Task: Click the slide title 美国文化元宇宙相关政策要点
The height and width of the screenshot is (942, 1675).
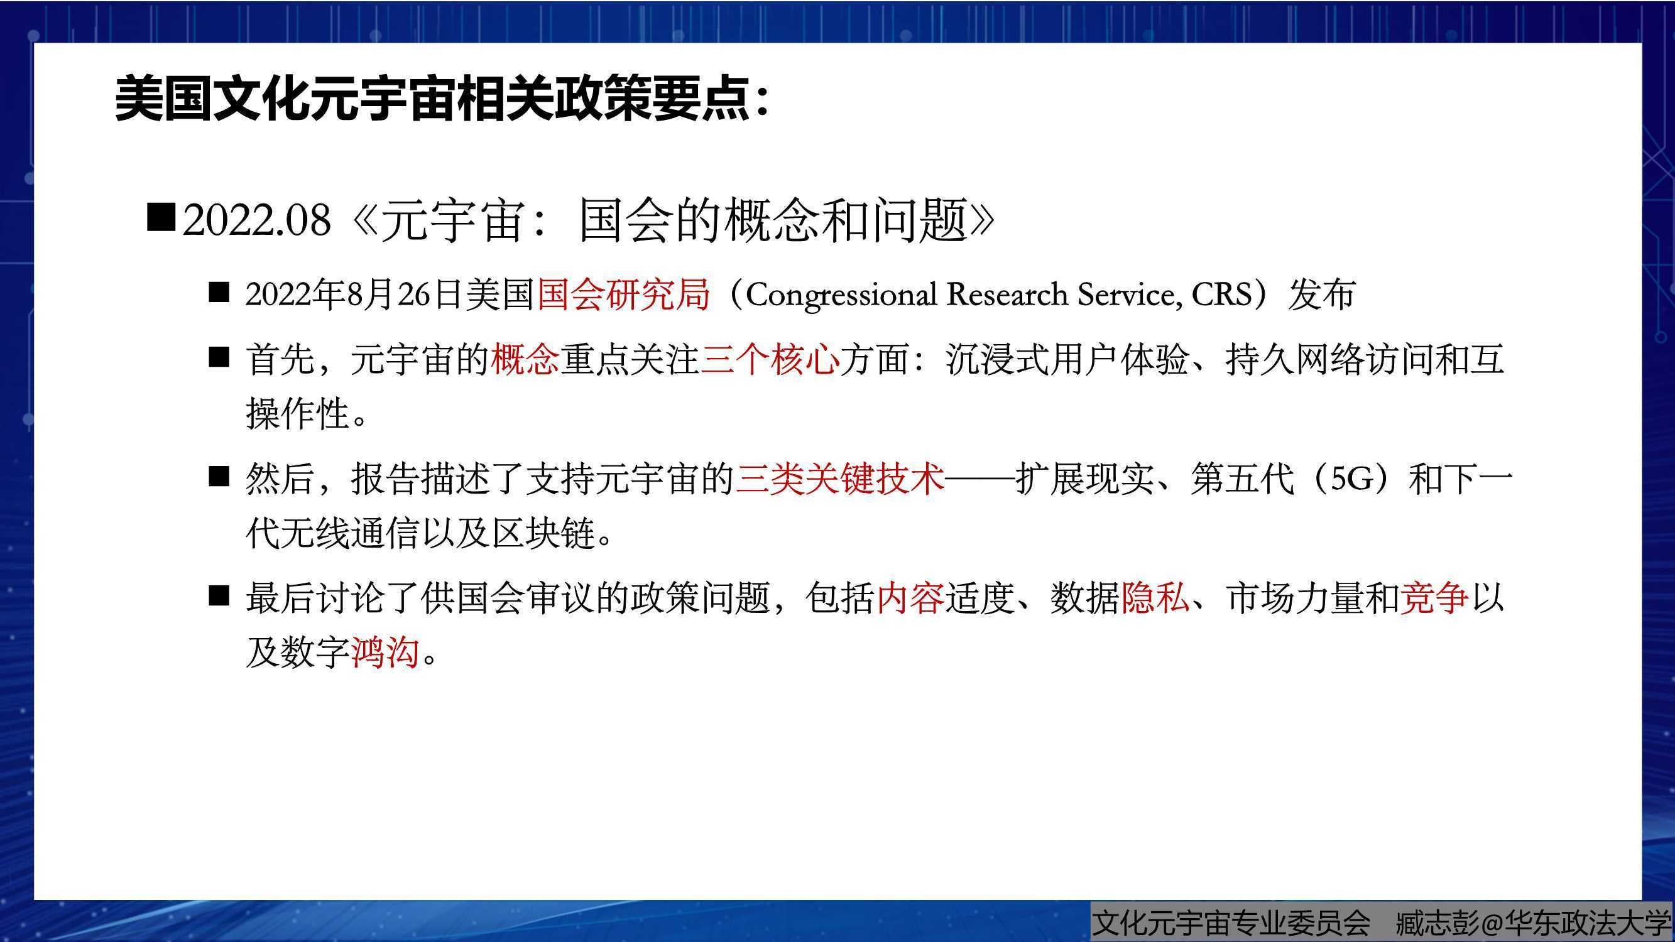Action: (432, 99)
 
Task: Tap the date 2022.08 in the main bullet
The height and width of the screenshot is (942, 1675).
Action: (257, 220)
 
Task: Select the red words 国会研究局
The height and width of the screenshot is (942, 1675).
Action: (623, 294)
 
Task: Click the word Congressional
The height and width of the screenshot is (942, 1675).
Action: (841, 295)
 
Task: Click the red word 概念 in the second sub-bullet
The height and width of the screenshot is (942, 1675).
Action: (525, 359)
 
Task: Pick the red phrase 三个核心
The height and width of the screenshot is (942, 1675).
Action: (770, 359)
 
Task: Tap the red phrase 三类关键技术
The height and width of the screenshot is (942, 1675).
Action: (839, 479)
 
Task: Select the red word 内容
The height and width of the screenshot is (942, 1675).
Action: (910, 598)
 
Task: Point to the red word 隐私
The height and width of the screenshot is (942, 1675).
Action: (1155, 598)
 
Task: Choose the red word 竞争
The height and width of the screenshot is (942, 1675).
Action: (1434, 598)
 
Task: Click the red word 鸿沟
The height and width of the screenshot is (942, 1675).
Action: (385, 652)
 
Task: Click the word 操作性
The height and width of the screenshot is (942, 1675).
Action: (298, 413)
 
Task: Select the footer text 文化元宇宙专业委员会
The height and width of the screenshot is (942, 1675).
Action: (1231, 923)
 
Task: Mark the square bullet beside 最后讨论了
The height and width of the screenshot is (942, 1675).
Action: (219, 596)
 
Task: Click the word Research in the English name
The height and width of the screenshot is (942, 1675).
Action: (1007, 294)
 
